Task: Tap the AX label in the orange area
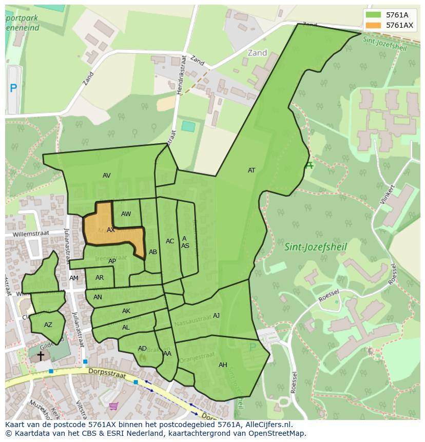pyautogui.click(x=111, y=230)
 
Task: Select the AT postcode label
pyautogui.click(x=252, y=170)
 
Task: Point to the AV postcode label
pyautogui.click(x=107, y=176)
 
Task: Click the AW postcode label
pyautogui.click(x=126, y=214)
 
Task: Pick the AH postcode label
pyautogui.click(x=223, y=365)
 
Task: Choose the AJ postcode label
pyautogui.click(x=216, y=316)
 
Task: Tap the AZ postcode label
pyautogui.click(x=48, y=325)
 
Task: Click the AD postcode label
pyautogui.click(x=142, y=349)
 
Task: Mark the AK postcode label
pyautogui.click(x=126, y=311)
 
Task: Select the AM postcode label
pyautogui.click(x=74, y=278)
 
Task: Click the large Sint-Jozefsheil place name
pyautogui.click(x=316, y=247)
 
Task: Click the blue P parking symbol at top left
pyautogui.click(x=13, y=88)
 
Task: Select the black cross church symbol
pyautogui.click(x=41, y=355)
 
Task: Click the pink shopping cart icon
pyautogui.click(x=113, y=406)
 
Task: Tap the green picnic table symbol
pyautogui.click(x=308, y=165)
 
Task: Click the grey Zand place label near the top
pyautogui.click(x=257, y=53)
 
